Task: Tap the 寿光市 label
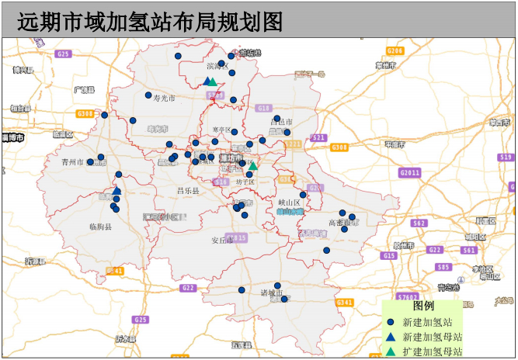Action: [x=165, y=99]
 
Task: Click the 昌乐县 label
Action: [x=188, y=190]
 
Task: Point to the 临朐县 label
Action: [x=101, y=227]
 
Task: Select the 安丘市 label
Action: [x=222, y=241]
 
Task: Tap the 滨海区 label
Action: [x=217, y=67]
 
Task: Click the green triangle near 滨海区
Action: [x=214, y=81]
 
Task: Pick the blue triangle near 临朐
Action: [x=116, y=190]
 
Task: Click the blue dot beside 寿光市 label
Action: [x=148, y=95]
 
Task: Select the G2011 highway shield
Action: [x=410, y=172]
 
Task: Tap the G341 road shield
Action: [x=346, y=302]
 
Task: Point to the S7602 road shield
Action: [x=407, y=297]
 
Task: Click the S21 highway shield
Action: [x=318, y=137]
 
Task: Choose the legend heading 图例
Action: [x=423, y=306]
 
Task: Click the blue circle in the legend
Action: [x=391, y=322]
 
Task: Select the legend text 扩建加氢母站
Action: [x=433, y=351]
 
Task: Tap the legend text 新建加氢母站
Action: [x=433, y=337]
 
